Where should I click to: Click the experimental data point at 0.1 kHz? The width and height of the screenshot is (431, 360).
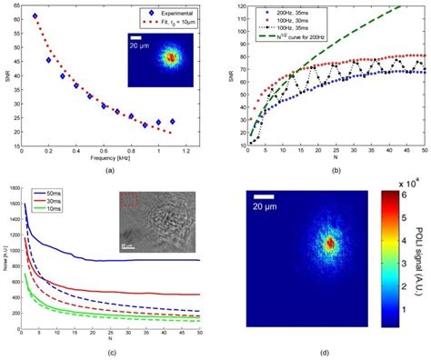point(35,16)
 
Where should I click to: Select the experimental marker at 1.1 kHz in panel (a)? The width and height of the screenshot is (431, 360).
point(173,120)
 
